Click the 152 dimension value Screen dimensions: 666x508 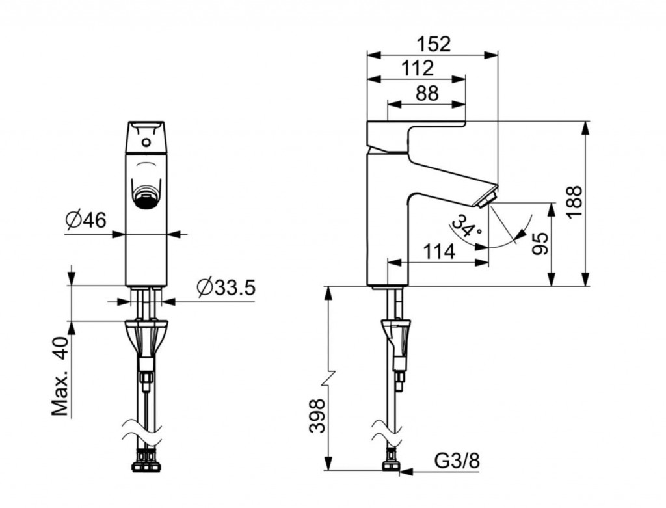[433, 44]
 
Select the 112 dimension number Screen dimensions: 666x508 [418, 68]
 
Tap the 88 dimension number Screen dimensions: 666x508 [427, 93]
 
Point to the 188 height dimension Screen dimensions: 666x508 [576, 202]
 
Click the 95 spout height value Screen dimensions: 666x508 [540, 244]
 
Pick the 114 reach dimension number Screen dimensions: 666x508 [439, 252]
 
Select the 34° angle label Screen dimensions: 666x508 [466, 226]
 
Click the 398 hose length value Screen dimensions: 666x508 [317, 416]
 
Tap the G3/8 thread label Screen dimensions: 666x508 [457, 461]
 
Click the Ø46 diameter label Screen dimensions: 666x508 [86, 220]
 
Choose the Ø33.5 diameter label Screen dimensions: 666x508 [226, 288]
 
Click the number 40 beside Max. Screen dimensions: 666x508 [60, 348]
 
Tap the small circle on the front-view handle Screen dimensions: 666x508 [146, 142]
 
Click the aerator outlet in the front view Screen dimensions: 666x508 [146, 197]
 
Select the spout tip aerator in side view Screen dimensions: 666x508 [486, 199]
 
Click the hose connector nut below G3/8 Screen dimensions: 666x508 [392, 464]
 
